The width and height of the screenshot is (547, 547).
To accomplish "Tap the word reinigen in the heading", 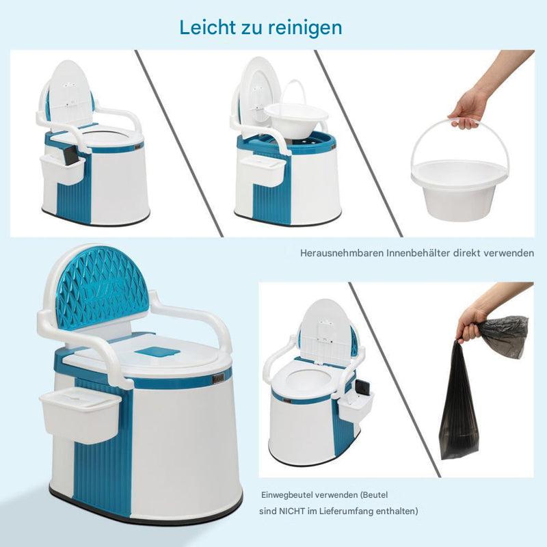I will click(305, 27).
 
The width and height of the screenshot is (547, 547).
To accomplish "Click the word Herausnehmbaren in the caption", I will click(342, 253).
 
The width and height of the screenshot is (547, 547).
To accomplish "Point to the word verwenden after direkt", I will click(509, 253).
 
